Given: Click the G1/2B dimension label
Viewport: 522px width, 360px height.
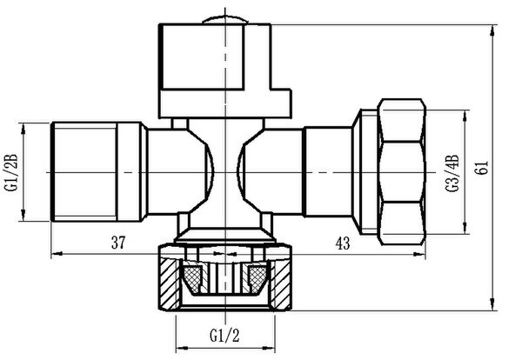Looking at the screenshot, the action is (x=11, y=172).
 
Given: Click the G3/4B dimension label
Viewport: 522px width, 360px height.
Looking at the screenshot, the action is (x=452, y=173).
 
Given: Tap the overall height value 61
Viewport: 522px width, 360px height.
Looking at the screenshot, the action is (x=482, y=167).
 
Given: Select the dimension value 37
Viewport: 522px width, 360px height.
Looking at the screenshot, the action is (x=118, y=243).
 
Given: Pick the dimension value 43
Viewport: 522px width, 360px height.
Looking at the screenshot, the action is (x=343, y=243).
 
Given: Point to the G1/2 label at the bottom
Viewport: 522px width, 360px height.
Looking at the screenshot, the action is (x=224, y=336).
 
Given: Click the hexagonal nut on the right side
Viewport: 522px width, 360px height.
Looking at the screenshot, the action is (x=402, y=172).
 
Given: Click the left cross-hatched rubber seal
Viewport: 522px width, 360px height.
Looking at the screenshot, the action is (x=192, y=277).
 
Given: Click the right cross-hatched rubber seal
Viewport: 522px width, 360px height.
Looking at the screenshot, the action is (x=258, y=277).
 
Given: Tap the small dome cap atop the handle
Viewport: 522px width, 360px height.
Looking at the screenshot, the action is (x=225, y=20).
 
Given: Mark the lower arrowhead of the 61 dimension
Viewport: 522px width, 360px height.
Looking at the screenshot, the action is (x=493, y=304).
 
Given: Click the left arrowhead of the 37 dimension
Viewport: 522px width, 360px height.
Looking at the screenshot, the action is (x=57, y=254).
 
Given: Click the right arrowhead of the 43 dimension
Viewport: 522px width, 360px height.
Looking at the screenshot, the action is (x=419, y=255).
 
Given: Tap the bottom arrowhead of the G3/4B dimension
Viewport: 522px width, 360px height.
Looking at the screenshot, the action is (x=465, y=228).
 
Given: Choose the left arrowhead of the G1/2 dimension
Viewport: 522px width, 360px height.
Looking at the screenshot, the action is (x=182, y=349).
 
